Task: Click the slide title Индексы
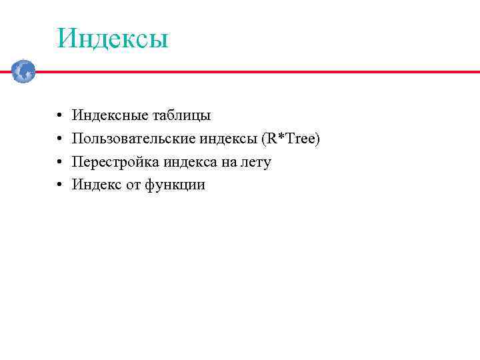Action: pyautogui.click(x=112, y=38)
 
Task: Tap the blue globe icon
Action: pyautogui.click(x=23, y=71)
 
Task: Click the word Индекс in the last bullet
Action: pyautogui.click(x=96, y=185)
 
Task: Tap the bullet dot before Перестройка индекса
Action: pyautogui.click(x=59, y=163)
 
